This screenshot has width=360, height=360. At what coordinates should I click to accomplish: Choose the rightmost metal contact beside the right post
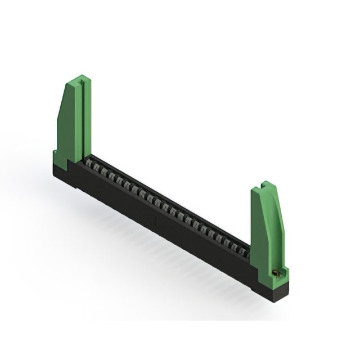(246, 253)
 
